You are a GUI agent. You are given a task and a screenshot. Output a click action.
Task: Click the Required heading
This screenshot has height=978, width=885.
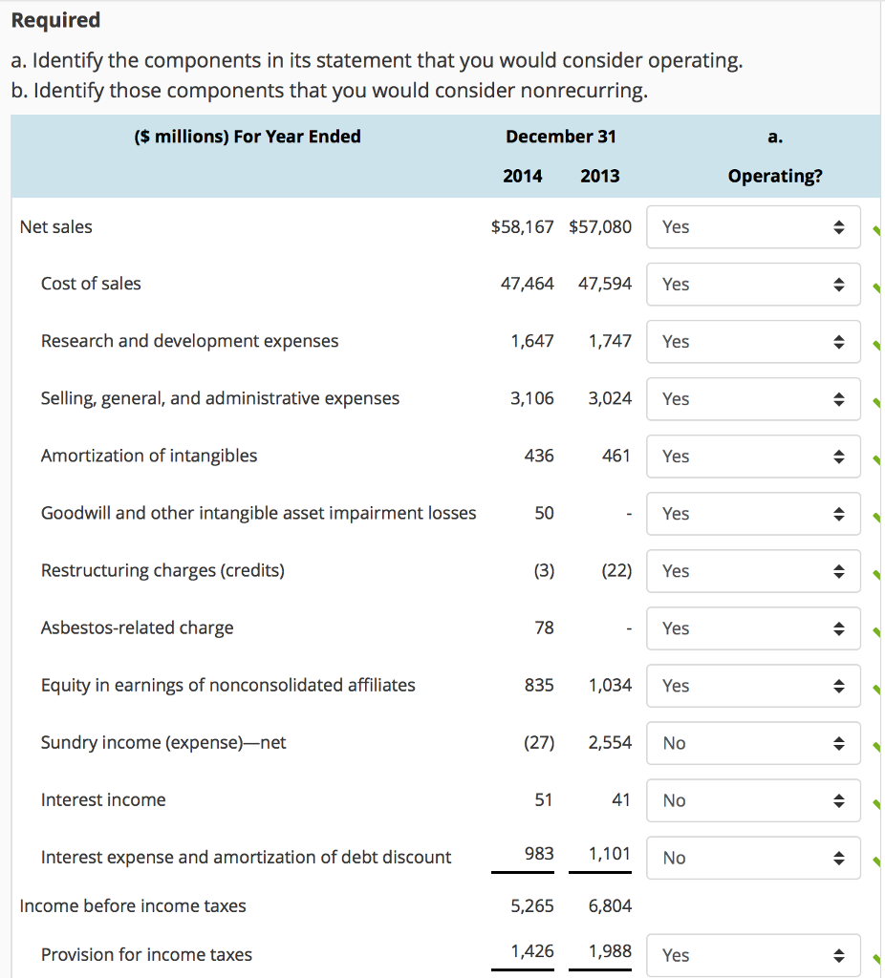[x=55, y=20]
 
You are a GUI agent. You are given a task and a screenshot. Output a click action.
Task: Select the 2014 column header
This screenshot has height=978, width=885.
[x=522, y=176]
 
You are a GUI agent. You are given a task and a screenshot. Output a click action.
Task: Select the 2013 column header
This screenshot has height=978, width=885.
[x=599, y=176]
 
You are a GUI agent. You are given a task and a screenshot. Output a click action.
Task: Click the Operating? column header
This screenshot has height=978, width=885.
[x=774, y=177]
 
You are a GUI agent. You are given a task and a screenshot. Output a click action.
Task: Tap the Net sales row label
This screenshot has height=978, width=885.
[x=56, y=226]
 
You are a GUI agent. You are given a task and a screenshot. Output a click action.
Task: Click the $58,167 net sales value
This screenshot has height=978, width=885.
[x=522, y=226]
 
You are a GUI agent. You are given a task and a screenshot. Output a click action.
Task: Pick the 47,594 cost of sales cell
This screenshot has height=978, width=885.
[x=605, y=284]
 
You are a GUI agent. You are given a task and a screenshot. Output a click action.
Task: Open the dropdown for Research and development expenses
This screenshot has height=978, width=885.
[x=753, y=342]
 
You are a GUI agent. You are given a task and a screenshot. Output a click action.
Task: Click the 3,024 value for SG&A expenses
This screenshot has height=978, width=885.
[x=609, y=398]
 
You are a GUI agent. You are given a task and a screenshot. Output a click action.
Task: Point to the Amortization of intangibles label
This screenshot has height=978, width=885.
[x=149, y=456]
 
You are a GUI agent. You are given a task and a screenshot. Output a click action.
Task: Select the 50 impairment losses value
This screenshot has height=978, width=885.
[x=544, y=513]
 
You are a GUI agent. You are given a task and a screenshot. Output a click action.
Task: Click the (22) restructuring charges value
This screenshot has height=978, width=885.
[x=615, y=570]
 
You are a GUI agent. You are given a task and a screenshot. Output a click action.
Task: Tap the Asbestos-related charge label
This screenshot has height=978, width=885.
[x=137, y=627]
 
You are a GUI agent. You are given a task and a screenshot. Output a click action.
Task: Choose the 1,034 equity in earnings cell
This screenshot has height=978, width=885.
[x=609, y=685]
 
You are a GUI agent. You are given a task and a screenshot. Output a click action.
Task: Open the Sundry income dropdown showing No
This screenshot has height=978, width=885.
[x=753, y=743]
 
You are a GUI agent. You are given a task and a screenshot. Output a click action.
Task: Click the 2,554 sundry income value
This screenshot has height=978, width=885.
[x=609, y=742]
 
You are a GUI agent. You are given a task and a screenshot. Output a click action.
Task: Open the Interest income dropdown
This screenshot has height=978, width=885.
[x=753, y=800]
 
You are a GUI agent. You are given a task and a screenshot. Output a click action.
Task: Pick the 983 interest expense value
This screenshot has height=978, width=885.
[x=539, y=853]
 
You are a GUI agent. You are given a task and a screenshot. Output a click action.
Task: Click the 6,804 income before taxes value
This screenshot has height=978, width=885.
[x=609, y=905]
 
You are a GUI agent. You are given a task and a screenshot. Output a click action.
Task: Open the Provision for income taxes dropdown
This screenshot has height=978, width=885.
[x=753, y=955]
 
